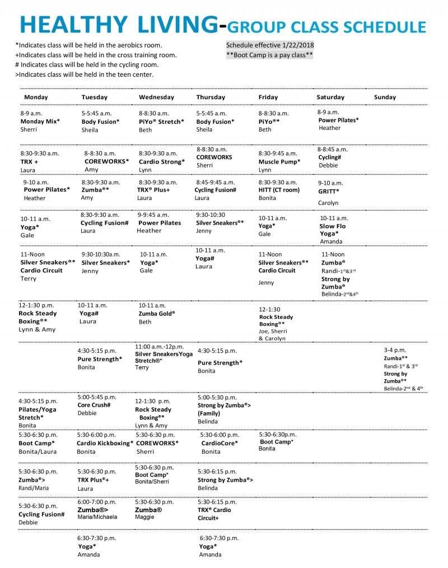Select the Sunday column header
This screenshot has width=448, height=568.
click(x=385, y=97)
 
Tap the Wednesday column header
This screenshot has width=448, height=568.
click(x=156, y=97)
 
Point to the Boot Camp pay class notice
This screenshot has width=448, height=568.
click(x=269, y=55)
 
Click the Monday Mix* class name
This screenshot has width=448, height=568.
click(x=40, y=121)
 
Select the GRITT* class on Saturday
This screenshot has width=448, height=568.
click(x=329, y=191)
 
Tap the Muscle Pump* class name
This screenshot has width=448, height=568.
click(x=279, y=161)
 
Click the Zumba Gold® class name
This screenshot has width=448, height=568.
click(x=156, y=314)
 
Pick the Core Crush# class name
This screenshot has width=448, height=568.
click(x=94, y=404)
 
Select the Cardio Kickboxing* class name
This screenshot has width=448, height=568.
click(x=105, y=443)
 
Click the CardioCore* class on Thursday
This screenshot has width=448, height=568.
click(x=220, y=443)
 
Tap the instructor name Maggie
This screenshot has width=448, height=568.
click(x=144, y=518)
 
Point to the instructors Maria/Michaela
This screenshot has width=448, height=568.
click(x=97, y=517)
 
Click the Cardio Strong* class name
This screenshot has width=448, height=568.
click(x=161, y=161)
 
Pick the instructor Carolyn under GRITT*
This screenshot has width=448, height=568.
click(x=328, y=203)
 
